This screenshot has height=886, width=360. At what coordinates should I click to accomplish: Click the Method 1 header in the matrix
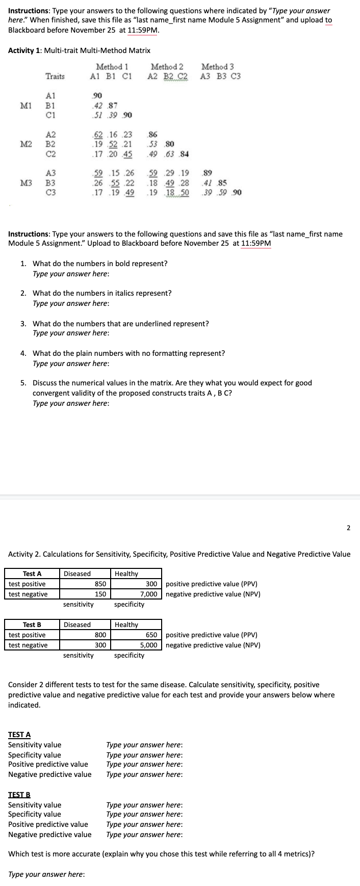[x=112, y=67]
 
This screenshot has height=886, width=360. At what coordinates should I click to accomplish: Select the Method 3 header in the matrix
[x=218, y=67]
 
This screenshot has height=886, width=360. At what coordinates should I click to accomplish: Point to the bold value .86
[x=152, y=135]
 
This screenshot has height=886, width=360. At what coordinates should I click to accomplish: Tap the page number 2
[x=348, y=528]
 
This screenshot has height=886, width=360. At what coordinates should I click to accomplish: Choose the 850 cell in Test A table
[x=100, y=584]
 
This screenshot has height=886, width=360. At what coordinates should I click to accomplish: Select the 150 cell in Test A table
[x=100, y=594]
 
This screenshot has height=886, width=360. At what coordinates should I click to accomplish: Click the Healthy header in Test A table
[x=126, y=574]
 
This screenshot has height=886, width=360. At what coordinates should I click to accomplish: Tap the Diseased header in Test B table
[x=77, y=625]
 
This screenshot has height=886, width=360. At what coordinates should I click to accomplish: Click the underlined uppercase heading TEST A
[x=19, y=735]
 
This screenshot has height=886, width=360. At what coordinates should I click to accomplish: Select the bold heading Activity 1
[x=25, y=50]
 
